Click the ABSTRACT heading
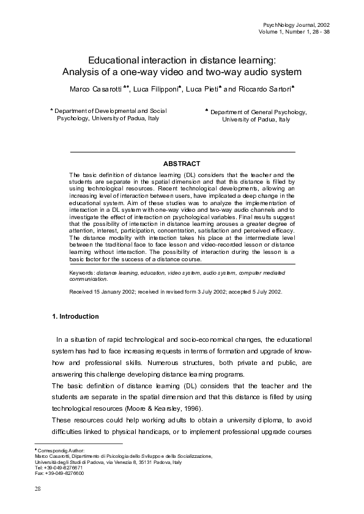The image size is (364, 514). [182, 164]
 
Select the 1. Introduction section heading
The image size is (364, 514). [74, 316]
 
